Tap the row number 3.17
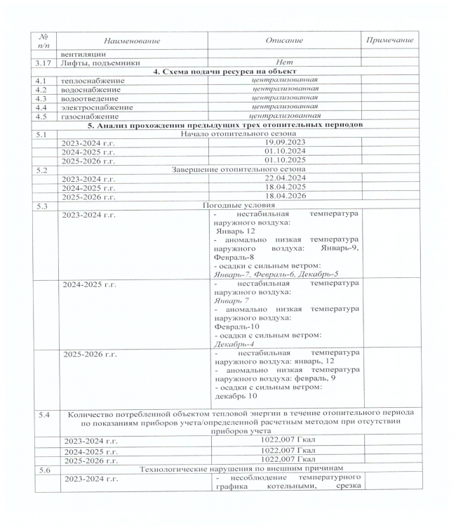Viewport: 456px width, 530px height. pyautogui.click(x=47, y=62)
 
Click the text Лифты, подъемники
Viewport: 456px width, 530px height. pyautogui.click(x=101, y=62)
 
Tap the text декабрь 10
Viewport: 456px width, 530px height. pyautogui.click(x=236, y=396)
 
